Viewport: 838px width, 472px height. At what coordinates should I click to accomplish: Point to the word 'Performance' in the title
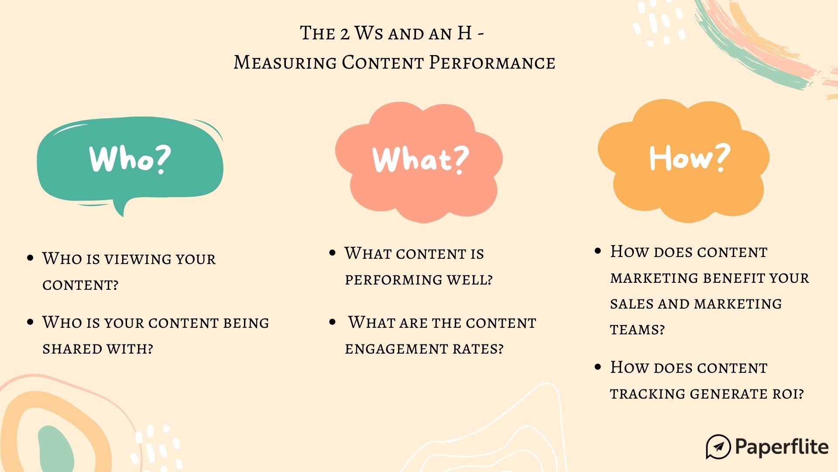[x=492, y=62]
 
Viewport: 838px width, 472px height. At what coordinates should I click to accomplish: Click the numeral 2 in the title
[x=345, y=34]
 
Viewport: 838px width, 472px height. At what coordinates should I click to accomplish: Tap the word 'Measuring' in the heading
[x=285, y=62]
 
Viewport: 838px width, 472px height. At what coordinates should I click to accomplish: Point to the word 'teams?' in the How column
[x=637, y=330]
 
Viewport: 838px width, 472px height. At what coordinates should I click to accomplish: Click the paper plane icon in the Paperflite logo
[x=718, y=447]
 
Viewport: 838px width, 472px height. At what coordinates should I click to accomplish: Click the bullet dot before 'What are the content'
[x=333, y=323]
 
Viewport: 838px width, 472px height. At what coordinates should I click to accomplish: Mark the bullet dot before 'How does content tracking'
[x=598, y=367]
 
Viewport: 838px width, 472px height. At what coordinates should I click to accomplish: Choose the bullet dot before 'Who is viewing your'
[x=30, y=258]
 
